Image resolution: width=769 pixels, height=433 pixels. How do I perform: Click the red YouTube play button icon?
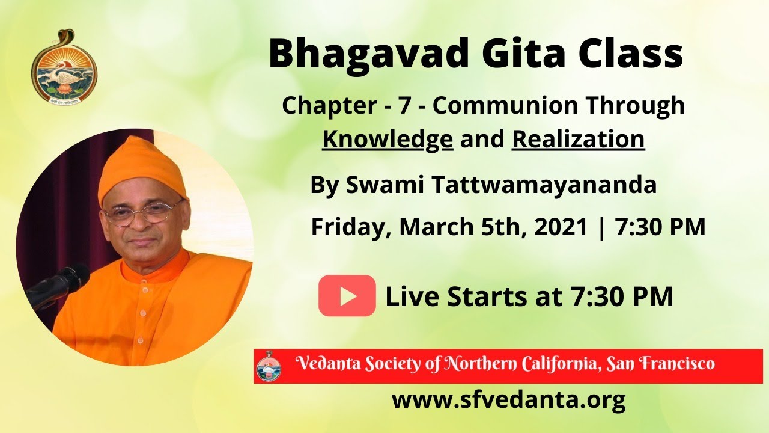click(x=347, y=296)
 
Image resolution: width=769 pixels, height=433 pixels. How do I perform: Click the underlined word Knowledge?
click(x=388, y=139)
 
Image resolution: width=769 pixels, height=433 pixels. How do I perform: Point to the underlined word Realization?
click(x=578, y=139)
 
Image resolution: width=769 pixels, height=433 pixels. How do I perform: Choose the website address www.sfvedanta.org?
click(x=508, y=399)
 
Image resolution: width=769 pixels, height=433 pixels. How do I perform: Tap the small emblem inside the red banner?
click(x=268, y=366)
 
